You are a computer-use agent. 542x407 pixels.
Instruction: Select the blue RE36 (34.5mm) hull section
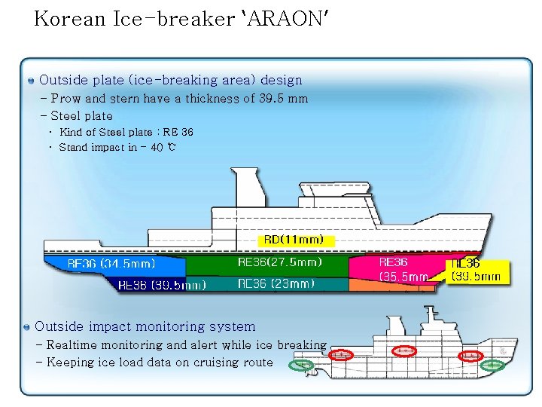pyautogui.click(x=113, y=265)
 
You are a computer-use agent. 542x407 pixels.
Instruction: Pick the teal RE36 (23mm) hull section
pyautogui.click(x=276, y=284)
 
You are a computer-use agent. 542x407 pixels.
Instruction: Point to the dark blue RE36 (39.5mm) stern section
pyautogui.click(x=161, y=285)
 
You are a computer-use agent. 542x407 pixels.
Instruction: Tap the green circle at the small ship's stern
pyautogui.click(x=303, y=366)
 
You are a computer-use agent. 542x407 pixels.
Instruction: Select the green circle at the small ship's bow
pyautogui.click(x=492, y=366)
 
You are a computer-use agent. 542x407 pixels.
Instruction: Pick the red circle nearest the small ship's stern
pyautogui.click(x=341, y=354)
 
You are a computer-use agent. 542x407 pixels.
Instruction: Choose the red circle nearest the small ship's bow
pyautogui.click(x=471, y=355)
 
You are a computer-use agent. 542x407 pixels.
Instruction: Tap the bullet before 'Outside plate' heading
pyautogui.click(x=30, y=80)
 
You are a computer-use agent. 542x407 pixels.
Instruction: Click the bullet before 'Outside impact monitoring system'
pyautogui.click(x=27, y=327)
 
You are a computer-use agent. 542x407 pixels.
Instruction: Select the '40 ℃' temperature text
pyautogui.click(x=163, y=147)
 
